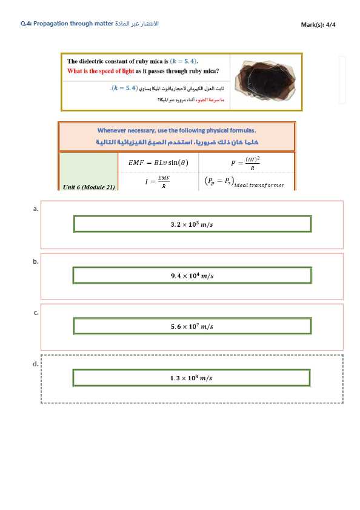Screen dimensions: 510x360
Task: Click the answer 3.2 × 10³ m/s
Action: tap(192, 224)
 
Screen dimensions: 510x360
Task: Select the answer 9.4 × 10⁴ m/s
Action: tap(192, 276)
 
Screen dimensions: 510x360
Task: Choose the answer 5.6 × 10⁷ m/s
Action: tap(192, 326)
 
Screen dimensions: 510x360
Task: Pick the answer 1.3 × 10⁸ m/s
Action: tap(192, 378)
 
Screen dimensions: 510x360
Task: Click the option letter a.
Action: tap(36, 208)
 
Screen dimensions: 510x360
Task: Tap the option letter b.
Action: tap(36, 261)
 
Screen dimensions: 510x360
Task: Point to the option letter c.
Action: tap(36, 312)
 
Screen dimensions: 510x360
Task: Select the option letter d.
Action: tap(36, 364)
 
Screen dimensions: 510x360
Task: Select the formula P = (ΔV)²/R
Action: tap(245, 163)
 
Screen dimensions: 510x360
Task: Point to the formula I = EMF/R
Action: tap(157, 181)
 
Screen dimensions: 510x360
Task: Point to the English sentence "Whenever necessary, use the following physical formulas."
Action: tap(176, 130)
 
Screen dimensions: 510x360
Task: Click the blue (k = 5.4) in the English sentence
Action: tap(184, 61)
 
